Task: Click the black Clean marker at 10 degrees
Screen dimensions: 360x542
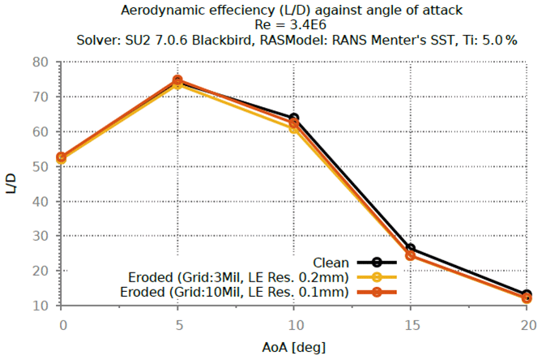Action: pyautogui.click(x=294, y=118)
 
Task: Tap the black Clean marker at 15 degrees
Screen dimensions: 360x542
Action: pyautogui.click(x=410, y=249)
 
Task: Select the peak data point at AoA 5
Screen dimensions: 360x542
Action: pyautogui.click(x=177, y=80)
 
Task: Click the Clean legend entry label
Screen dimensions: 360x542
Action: pyautogui.click(x=330, y=262)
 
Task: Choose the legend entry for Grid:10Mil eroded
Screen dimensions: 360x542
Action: pyautogui.click(x=234, y=292)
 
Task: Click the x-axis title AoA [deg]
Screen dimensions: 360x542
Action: pyautogui.click(x=294, y=347)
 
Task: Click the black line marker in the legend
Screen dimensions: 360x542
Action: pyautogui.click(x=377, y=262)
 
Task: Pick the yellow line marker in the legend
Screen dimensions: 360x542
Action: pyautogui.click(x=377, y=277)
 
